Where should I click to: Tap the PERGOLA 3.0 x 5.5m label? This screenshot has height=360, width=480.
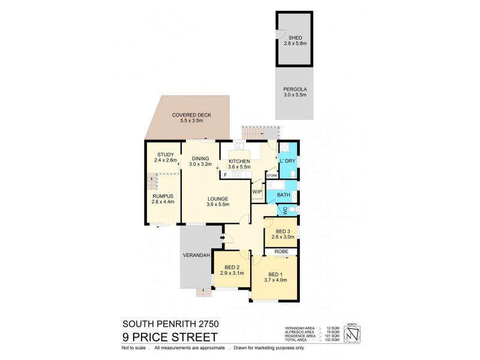[x=295, y=92]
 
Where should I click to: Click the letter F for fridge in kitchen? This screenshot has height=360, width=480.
[x=224, y=175]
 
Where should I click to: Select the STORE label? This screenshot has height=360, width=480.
[x=272, y=176]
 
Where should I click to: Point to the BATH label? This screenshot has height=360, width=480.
[x=284, y=195]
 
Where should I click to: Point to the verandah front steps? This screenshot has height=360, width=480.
[x=204, y=293]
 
